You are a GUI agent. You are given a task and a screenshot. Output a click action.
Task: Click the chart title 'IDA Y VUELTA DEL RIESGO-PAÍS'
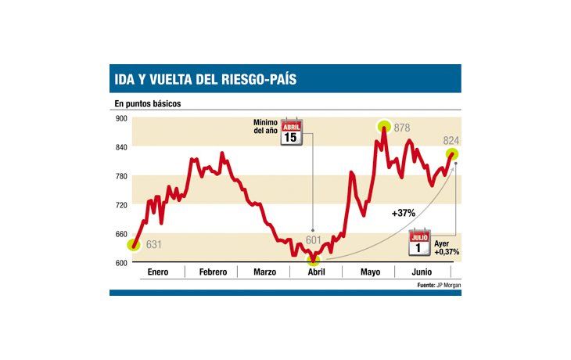coord(205,79)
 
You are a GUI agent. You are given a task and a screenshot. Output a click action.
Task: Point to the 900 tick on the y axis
coord(120,118)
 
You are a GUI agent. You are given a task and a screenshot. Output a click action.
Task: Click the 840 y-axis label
coord(120,147)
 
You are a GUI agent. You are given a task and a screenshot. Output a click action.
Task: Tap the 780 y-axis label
coord(120,176)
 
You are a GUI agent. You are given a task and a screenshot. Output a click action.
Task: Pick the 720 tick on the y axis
coord(120,205)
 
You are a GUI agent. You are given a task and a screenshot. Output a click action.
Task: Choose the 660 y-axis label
coord(120,234)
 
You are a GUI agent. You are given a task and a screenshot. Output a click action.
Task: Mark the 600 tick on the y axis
coord(120,263)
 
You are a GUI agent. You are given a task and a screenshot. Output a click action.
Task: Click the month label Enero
coord(159,272)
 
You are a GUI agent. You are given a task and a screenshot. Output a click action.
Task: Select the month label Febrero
coord(213,272)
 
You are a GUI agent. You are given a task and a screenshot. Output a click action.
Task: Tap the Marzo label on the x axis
coord(264,272)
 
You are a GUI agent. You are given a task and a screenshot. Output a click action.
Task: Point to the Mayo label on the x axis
coord(370,272)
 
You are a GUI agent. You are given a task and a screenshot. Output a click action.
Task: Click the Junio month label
coord(422,272)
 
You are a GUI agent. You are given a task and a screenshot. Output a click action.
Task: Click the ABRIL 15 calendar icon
coord(291,131)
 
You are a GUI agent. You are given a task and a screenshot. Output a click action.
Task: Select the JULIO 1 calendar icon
coord(419,243)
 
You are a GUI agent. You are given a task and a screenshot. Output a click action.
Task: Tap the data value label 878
coord(402,128)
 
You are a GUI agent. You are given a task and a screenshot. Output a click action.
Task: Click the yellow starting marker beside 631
coord(134,245)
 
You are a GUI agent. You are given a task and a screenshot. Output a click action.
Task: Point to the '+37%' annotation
coord(403,212)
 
